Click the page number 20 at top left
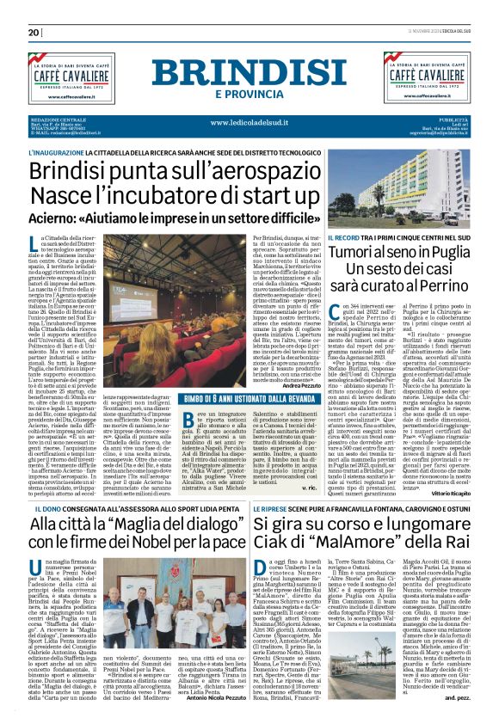(34, 33)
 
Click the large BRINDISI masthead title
(249, 74)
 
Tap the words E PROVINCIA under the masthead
(249, 94)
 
